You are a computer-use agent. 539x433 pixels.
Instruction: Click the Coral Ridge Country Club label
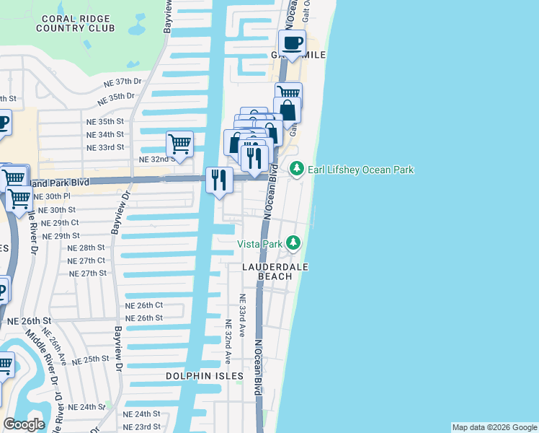pos(78,23)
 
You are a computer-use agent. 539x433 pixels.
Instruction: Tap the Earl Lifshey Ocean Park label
pos(361,170)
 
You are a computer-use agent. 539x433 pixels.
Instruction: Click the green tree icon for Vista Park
pos(293,243)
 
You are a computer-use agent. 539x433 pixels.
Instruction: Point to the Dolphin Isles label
pos(205,377)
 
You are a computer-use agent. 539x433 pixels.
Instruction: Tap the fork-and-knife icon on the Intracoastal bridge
pos(219,180)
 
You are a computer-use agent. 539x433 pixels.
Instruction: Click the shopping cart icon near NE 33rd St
pos(179,144)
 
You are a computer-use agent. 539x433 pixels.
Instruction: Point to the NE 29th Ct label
pos(61,223)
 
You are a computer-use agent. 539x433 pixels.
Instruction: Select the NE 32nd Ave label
pos(227,341)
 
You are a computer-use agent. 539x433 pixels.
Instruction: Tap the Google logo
pos(24,424)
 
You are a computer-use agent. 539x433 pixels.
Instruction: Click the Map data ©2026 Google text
pos(494,427)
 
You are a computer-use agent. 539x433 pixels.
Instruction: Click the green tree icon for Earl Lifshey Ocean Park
pos(296,169)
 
